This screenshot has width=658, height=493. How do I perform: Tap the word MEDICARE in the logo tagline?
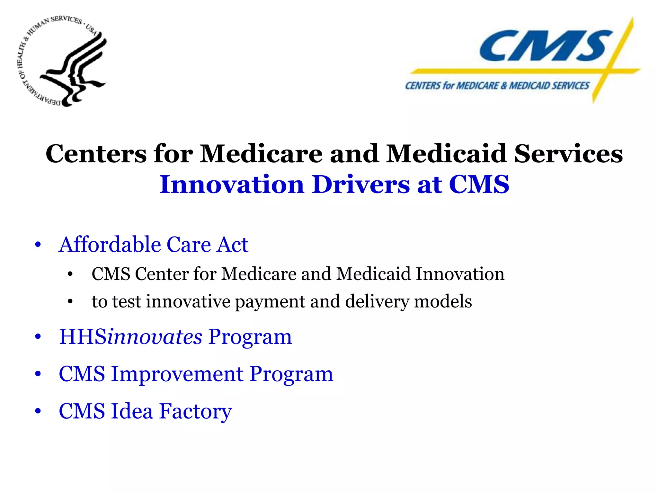click(477, 86)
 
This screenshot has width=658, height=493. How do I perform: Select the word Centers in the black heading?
click(96, 154)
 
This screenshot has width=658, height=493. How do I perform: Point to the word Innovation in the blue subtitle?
click(231, 185)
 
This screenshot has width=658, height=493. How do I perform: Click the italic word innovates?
click(155, 337)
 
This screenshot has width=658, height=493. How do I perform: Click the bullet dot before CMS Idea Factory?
click(38, 411)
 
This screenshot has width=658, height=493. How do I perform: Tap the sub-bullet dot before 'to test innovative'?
click(70, 302)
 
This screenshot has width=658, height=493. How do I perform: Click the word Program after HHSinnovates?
click(250, 337)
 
